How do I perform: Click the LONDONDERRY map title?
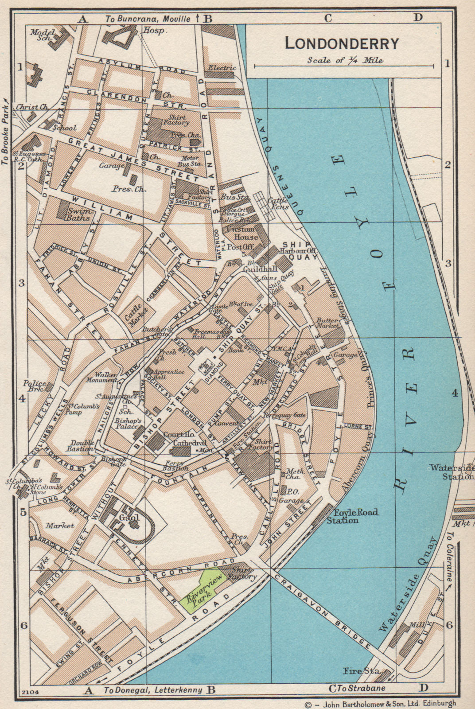pos(342,43)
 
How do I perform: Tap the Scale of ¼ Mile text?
pos(345,61)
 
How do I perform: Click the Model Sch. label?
pos(43,35)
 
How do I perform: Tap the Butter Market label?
pos(327,323)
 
